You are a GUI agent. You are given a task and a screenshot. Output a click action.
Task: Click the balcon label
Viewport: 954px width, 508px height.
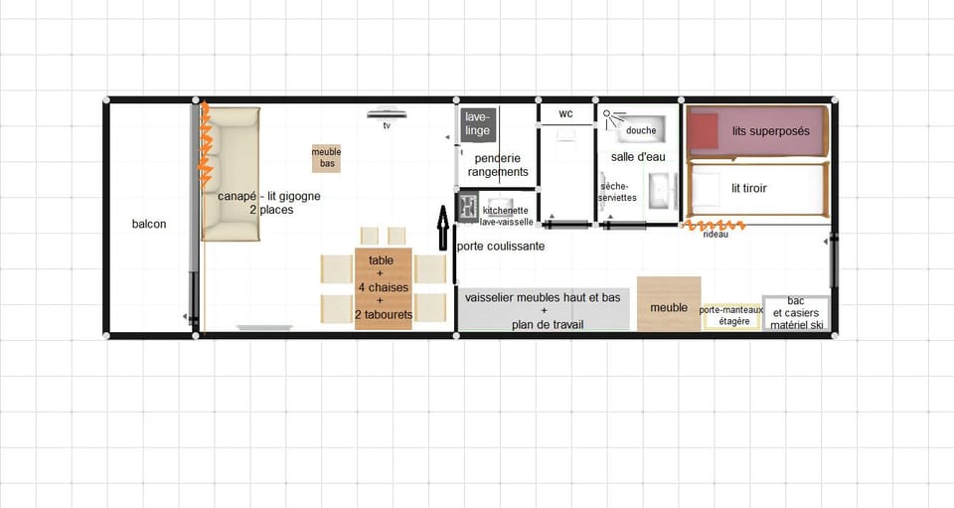pyautogui.click(x=149, y=224)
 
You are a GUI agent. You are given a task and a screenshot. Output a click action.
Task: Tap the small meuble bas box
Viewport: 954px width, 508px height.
pyautogui.click(x=326, y=158)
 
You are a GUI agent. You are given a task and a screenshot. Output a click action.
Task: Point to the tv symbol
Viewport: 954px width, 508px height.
pyautogui.click(x=387, y=115)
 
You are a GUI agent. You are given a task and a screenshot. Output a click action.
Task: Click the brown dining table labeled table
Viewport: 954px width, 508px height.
pyautogui.click(x=382, y=287)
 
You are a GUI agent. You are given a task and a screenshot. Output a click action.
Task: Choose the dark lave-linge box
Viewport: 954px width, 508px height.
pyautogui.click(x=477, y=124)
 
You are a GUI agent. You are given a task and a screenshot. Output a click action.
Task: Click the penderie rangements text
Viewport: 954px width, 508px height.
pyautogui.click(x=498, y=165)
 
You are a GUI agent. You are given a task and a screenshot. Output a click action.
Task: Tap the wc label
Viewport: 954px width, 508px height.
pyautogui.click(x=565, y=113)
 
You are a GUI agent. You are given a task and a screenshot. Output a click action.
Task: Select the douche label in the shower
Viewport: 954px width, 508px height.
pyautogui.click(x=641, y=130)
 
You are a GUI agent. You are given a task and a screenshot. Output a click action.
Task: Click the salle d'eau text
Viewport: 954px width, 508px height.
pyautogui.click(x=638, y=157)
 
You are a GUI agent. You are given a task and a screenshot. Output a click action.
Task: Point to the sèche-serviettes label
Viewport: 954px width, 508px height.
pyautogui.click(x=618, y=192)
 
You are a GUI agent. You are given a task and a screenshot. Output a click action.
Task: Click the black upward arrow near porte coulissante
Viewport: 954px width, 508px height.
pyautogui.click(x=444, y=228)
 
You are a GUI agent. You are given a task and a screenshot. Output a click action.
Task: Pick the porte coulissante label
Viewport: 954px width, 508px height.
pyautogui.click(x=501, y=247)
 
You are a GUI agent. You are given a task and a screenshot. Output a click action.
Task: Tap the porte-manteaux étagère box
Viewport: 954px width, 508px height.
pyautogui.click(x=730, y=316)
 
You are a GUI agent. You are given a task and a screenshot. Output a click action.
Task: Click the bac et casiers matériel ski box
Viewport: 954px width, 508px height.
pyautogui.click(x=796, y=312)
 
